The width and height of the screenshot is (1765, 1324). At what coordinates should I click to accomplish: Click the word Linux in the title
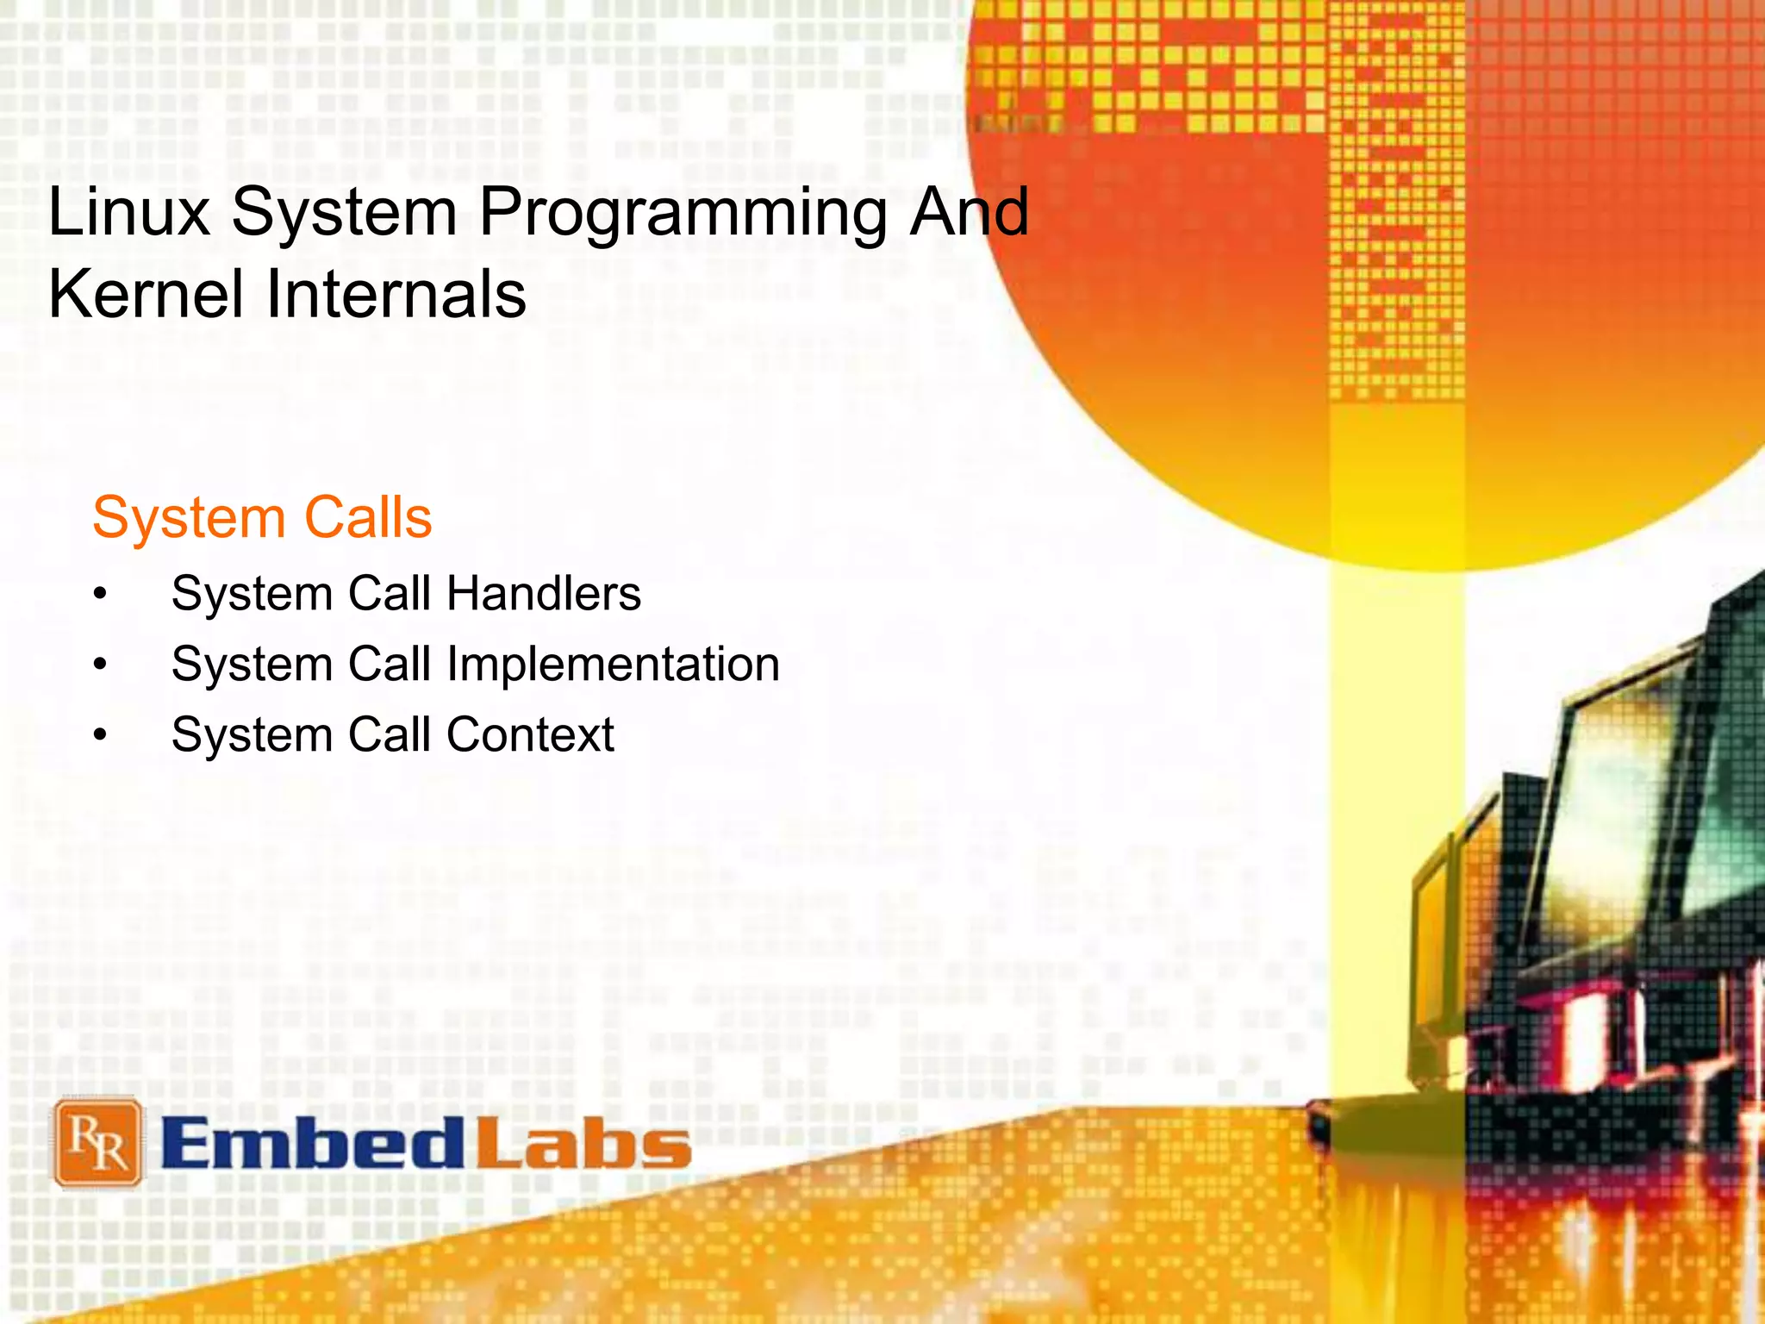click(x=129, y=212)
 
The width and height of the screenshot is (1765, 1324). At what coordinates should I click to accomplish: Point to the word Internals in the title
click(x=396, y=295)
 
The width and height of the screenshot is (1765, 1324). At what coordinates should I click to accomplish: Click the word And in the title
click(x=969, y=212)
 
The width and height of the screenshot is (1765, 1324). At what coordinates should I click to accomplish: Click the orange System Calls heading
click(x=262, y=519)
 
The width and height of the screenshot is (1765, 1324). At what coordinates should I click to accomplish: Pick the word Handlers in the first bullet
click(x=544, y=595)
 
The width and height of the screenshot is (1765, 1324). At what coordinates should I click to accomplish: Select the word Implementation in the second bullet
click(x=613, y=665)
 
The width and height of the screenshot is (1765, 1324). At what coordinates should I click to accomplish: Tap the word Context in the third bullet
click(x=530, y=736)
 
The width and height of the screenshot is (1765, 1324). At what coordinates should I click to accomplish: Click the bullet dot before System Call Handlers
click(x=101, y=595)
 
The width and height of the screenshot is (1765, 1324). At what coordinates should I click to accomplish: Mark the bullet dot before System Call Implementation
click(x=101, y=665)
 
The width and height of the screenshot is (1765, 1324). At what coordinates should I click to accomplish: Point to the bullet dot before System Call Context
click(x=101, y=736)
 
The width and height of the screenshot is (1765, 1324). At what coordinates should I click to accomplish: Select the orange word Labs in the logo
click(x=583, y=1144)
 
